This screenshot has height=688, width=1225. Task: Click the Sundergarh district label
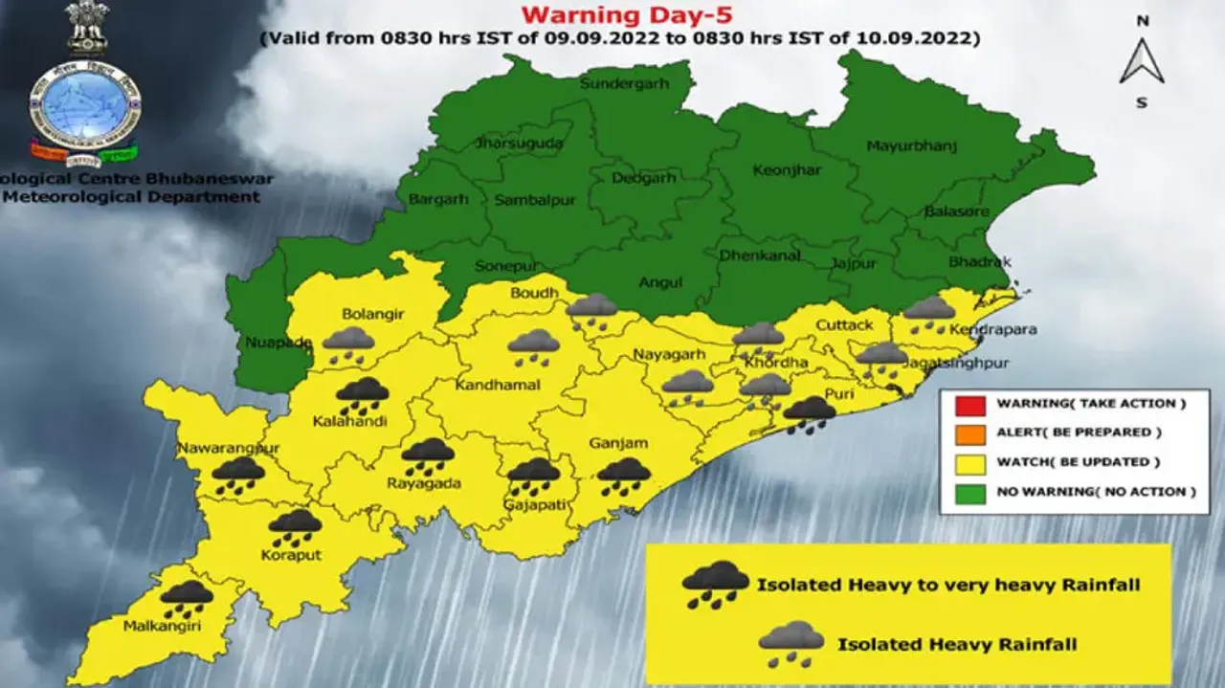click(x=622, y=84)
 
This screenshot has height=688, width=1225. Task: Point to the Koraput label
click(x=291, y=554)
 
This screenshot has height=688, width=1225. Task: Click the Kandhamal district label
click(x=498, y=385)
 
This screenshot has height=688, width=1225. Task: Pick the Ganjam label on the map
click(x=618, y=443)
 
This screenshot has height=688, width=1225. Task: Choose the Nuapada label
click(x=265, y=342)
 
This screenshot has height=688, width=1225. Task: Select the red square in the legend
click(x=969, y=404)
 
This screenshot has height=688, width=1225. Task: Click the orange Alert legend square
click(x=969, y=433)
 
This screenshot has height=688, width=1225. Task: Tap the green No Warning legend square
click(x=969, y=492)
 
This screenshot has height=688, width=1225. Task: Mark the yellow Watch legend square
click(x=969, y=462)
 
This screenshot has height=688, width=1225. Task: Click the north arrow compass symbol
click(x=1142, y=61)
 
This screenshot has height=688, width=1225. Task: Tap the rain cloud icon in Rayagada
click(x=428, y=456)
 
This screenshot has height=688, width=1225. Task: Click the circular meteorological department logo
click(x=84, y=103)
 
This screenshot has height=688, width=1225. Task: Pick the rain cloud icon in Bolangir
click(x=348, y=344)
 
